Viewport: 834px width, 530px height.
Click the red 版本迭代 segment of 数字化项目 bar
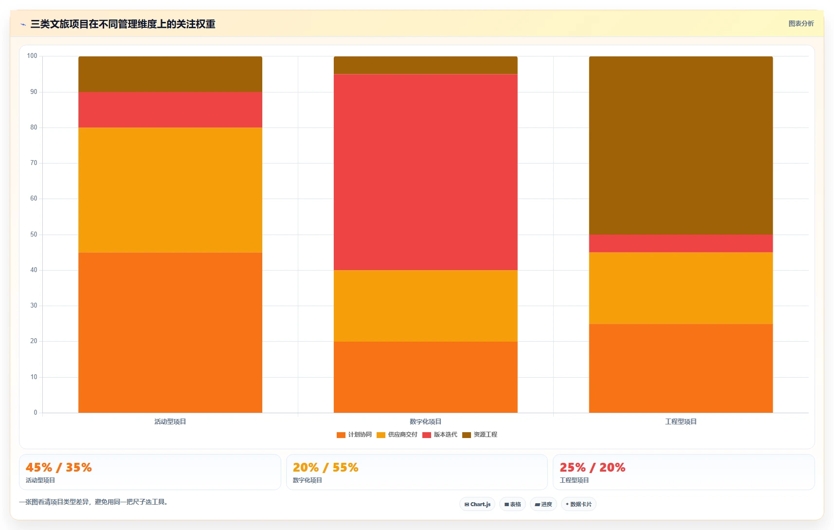(x=425, y=172)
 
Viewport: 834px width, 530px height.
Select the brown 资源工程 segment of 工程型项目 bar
(x=681, y=145)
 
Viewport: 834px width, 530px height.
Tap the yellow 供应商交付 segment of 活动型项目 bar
(x=170, y=190)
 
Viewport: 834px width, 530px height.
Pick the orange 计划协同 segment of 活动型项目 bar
(x=170, y=332)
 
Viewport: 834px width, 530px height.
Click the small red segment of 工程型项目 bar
(x=681, y=243)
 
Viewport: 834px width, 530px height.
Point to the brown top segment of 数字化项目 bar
(x=425, y=65)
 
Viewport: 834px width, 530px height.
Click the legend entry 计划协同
(x=354, y=435)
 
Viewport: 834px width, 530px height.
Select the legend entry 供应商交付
(x=397, y=435)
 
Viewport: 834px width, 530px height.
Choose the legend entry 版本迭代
(x=440, y=435)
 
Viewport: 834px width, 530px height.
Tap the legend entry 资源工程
(x=480, y=435)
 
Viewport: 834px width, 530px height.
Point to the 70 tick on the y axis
(x=34, y=163)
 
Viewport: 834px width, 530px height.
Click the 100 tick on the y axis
(x=32, y=56)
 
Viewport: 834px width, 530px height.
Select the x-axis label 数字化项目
(x=425, y=421)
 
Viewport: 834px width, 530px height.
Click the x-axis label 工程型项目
(x=681, y=421)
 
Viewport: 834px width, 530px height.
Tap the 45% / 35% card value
(x=58, y=467)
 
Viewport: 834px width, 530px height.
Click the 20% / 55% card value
(x=326, y=467)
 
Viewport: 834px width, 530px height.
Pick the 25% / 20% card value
(x=592, y=467)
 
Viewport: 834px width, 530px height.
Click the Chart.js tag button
(x=477, y=504)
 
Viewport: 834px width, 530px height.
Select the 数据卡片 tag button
(x=579, y=504)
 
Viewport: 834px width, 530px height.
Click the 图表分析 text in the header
(x=801, y=23)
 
